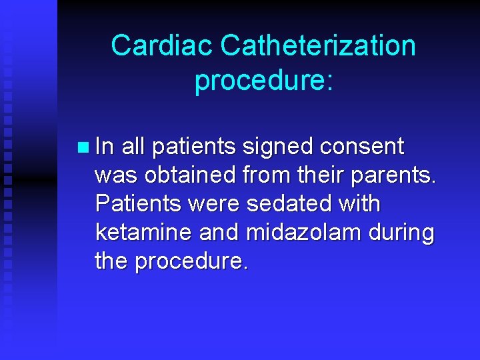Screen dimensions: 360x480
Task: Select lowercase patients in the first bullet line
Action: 194,147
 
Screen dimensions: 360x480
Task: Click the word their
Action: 315,175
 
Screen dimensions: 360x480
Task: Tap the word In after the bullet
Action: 105,146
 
